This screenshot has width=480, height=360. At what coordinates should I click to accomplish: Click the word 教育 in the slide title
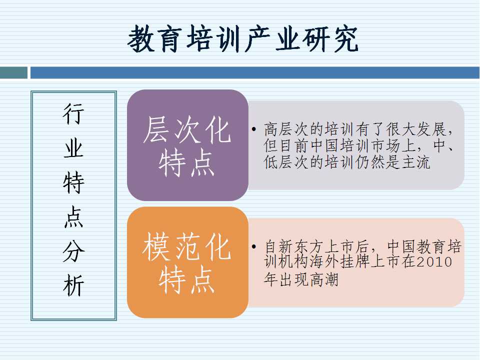coord(155,39)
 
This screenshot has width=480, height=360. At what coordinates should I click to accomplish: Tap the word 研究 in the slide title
coord(330,39)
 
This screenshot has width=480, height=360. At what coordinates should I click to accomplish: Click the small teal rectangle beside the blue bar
coord(13,73)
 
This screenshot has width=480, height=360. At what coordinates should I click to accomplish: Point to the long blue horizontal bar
coord(254,73)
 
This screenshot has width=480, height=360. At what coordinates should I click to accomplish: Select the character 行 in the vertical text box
coord(73,114)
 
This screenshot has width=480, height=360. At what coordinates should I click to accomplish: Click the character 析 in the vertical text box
coord(73,285)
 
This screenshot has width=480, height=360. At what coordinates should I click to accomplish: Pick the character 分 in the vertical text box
coord(73,251)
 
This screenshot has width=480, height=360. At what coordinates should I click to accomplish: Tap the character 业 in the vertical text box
coord(73,148)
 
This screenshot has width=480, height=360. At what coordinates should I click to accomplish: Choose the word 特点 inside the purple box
coord(186,163)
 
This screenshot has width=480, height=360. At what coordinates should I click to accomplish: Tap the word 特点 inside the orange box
coord(186,279)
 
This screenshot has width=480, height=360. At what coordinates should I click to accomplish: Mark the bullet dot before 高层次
coord(254,129)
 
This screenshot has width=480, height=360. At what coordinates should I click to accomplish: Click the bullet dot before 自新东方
coord(254,246)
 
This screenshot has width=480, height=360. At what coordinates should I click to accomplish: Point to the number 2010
coord(434,262)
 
